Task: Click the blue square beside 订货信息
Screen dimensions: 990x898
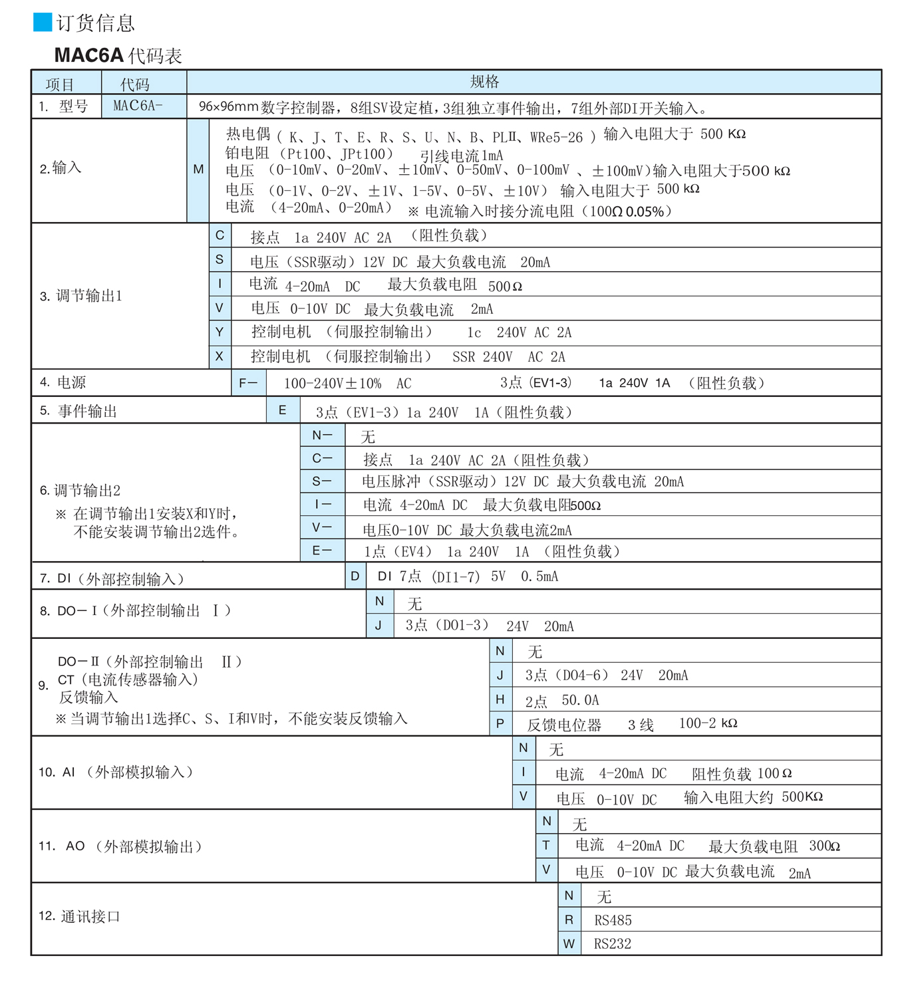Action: point(43,23)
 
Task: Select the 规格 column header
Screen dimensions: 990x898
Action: point(484,82)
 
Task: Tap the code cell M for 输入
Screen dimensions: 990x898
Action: point(198,170)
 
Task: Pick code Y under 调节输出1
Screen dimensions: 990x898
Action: point(220,332)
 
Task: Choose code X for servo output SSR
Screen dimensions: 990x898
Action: point(220,356)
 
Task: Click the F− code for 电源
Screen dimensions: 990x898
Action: point(248,383)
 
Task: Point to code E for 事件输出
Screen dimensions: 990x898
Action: point(283,410)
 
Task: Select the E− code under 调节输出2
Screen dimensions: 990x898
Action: point(322,551)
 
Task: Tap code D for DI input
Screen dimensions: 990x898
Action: point(355,576)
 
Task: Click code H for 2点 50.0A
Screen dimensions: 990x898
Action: point(500,699)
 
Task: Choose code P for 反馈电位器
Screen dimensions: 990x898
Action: point(500,723)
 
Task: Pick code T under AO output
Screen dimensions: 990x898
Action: point(546,845)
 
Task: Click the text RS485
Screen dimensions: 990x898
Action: point(613,920)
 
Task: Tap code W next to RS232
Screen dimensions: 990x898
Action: point(569,943)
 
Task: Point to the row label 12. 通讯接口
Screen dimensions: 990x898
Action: point(79,916)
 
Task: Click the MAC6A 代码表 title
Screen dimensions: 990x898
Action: point(118,55)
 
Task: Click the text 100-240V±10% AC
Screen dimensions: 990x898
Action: point(347,384)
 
